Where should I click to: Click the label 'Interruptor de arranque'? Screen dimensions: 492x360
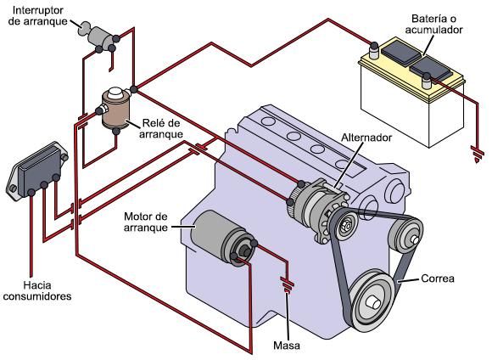pos(37,15)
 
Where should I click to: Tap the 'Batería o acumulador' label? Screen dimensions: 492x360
pos(433,24)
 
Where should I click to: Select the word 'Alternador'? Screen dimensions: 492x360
pos(366,138)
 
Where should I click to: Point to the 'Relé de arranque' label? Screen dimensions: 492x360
pos(161,128)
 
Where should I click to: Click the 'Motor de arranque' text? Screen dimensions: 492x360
pos(146,222)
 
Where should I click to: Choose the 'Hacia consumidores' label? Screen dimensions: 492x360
pos(37,291)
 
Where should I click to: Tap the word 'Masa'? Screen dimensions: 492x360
pos(287,346)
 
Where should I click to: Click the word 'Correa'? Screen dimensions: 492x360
pos(438,278)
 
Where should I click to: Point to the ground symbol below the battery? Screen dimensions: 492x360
pos(477,155)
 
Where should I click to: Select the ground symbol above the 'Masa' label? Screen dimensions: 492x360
pos(287,284)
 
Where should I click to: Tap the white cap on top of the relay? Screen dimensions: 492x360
pos(115,93)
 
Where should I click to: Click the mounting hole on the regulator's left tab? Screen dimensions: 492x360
pos(13,188)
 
